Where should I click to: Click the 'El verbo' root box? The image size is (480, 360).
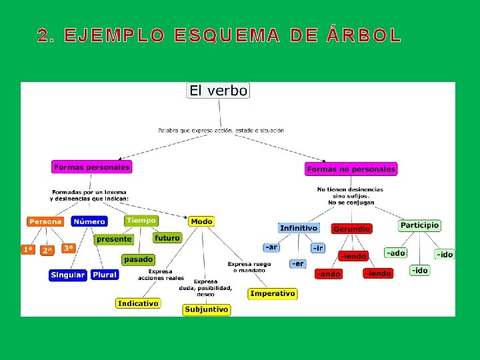click(218, 91)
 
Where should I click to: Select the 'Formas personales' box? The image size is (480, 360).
click(92, 167)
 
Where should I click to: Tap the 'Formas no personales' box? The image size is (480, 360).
click(351, 169)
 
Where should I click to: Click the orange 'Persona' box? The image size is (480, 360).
click(45, 221)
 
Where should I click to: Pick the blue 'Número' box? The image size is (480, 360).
click(89, 221)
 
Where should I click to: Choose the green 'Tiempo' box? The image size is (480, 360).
click(141, 221)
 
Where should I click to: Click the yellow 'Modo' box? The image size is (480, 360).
click(201, 221)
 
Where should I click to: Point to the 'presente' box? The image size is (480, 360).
click(114, 239)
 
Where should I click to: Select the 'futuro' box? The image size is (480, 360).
click(167, 237)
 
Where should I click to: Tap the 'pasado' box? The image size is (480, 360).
click(138, 259)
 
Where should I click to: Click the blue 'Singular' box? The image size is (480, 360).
click(68, 275)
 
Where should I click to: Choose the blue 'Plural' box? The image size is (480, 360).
click(105, 274)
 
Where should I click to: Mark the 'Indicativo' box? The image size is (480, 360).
click(138, 303)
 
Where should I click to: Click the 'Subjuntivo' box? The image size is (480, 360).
click(207, 309)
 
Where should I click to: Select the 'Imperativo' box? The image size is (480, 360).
click(273, 293)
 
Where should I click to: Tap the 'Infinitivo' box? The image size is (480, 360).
click(299, 228)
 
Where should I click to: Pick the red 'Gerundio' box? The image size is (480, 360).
click(351, 229)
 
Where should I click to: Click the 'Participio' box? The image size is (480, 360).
click(419, 225)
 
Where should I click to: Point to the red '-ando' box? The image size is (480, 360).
click(328, 274)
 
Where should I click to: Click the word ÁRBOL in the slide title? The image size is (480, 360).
click(364, 36)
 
